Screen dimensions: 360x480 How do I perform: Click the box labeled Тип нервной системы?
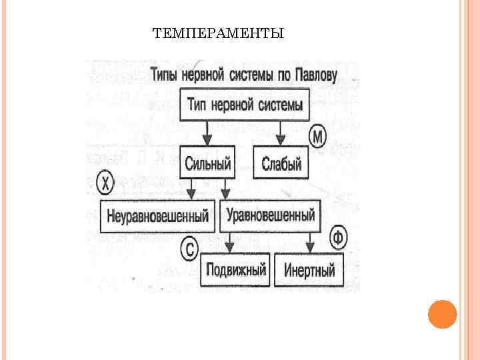pos(245,105)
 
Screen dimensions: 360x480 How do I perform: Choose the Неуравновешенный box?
pos(157,216)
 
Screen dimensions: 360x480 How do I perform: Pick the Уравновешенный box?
pos(270,215)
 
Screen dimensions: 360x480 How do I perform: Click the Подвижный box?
pos(236,270)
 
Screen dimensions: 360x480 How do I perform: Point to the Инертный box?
pos(309,271)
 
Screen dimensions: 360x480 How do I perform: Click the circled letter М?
pos(318,138)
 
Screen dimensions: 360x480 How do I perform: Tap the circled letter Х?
pos(105,181)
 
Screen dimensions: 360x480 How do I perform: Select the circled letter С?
pos(189,249)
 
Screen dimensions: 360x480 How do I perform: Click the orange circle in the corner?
pos(442,314)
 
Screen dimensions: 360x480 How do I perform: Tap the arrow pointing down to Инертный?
pos(309,244)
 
